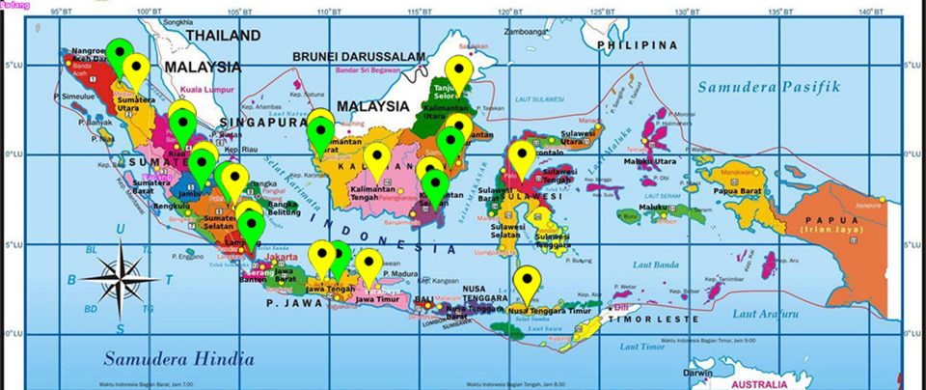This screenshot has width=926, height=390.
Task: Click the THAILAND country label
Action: click(x=223, y=36)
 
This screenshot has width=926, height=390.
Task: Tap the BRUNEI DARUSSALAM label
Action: click(x=360, y=57)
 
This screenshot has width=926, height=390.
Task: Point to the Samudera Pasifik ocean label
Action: click(x=771, y=87)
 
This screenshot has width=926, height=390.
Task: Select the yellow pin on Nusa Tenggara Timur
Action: click(x=527, y=284)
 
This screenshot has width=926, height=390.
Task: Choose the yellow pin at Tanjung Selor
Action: click(x=460, y=71)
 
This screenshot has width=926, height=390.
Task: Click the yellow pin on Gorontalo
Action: click(x=522, y=159)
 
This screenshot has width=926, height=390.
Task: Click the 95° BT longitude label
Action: click(x=63, y=12)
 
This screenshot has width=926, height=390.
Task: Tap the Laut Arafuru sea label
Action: click(x=765, y=313)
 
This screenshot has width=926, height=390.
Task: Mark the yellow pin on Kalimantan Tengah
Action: click(x=378, y=160)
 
